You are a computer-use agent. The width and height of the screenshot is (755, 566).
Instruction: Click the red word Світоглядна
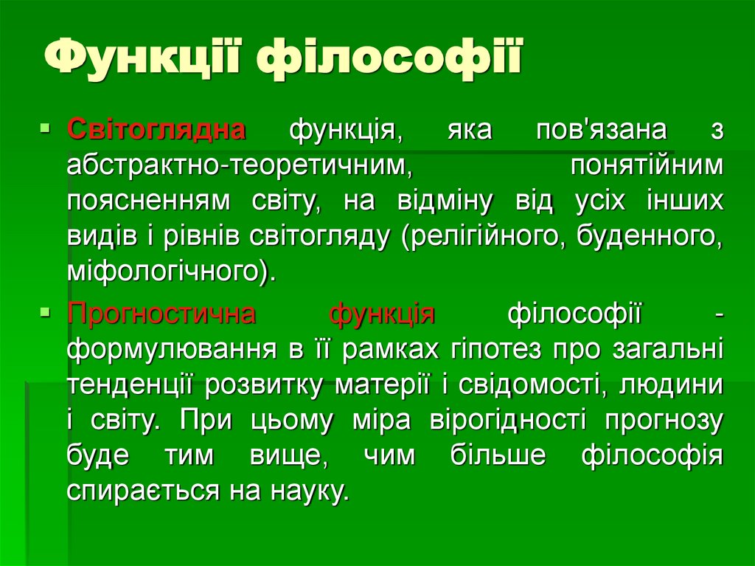[x=157, y=130]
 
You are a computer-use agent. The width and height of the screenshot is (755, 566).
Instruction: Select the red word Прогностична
[x=161, y=313]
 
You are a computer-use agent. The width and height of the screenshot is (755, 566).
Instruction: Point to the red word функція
[x=382, y=313]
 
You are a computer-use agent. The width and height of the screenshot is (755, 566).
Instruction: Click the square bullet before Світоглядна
[x=45, y=129]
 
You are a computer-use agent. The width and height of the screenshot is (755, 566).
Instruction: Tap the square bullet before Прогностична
[x=45, y=312]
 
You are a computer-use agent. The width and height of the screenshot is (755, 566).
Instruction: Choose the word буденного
[x=649, y=235]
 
